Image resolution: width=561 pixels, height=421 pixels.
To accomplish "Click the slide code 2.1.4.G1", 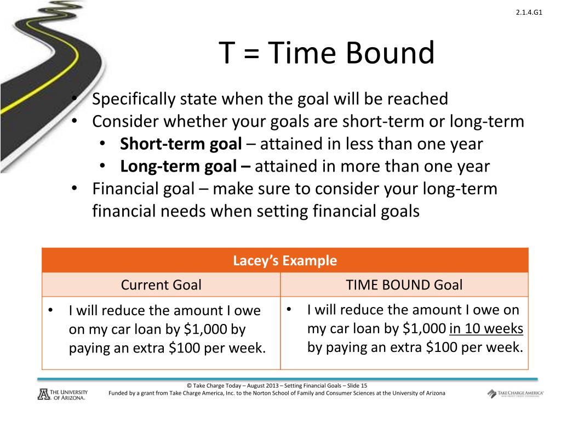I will click(529, 14).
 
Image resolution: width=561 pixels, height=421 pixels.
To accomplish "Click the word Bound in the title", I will click(390, 54).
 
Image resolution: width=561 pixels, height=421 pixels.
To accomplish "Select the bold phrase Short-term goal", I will click(181, 144).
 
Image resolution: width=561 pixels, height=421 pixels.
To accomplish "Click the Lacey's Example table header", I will click(285, 260).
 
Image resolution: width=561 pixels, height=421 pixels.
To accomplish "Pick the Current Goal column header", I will click(161, 285).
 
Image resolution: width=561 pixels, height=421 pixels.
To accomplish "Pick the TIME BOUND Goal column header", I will click(404, 285).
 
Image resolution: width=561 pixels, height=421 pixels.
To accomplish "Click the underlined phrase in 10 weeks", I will click(486, 329).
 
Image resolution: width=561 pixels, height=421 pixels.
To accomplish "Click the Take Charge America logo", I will click(515, 394).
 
